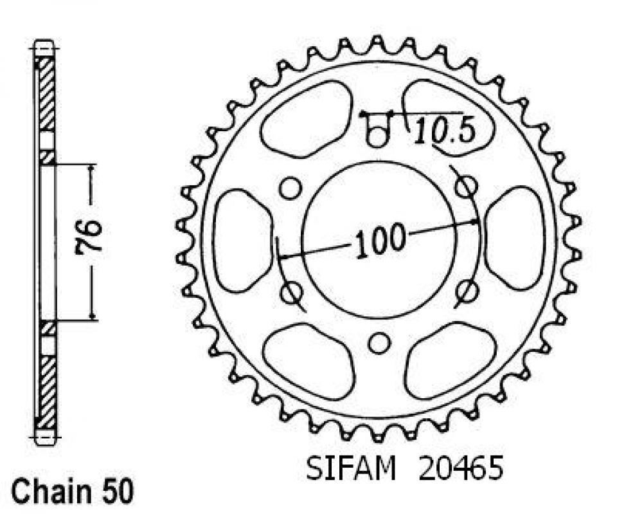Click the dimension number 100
tap(380, 240)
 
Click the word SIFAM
tap(351, 469)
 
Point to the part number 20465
tap(461, 469)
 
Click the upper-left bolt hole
tap(290, 188)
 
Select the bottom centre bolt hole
tap(379, 342)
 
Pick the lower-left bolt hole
tap(292, 292)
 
